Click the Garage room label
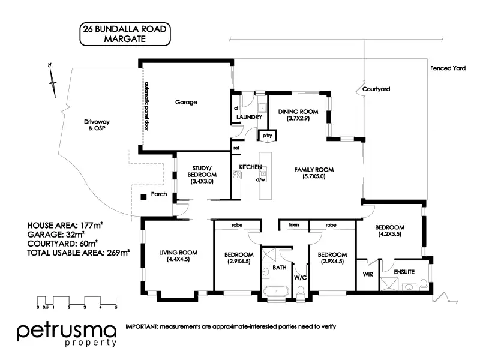[186, 102]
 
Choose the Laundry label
[249, 118]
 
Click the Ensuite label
[404, 272]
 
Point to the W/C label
[301, 278]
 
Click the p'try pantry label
[267, 136]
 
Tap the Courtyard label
[376, 89]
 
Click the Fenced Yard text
[448, 68]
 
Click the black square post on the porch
[143, 197]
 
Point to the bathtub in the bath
[277, 293]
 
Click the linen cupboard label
[293, 226]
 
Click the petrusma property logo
[67, 334]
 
